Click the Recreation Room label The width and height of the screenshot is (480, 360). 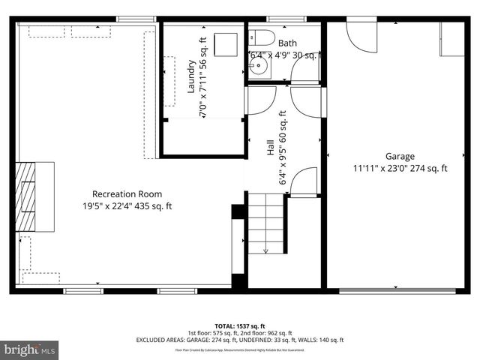click(127, 194)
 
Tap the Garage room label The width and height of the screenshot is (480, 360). click(400, 156)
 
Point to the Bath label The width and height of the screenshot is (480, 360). click(287, 43)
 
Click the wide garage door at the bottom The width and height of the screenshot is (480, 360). click(397, 290)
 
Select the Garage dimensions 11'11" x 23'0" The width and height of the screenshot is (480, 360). click(400, 169)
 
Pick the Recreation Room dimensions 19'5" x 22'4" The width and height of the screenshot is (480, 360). click(127, 206)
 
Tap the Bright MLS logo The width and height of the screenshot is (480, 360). click(30, 349)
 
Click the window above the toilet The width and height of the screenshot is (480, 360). click(281, 19)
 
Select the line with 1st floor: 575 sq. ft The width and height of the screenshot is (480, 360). click(239, 333)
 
